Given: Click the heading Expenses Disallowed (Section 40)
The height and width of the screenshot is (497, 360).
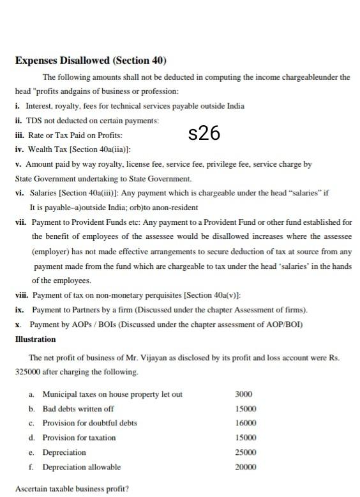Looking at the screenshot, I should [x=90, y=61].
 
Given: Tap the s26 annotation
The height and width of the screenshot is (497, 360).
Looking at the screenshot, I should [x=204, y=134].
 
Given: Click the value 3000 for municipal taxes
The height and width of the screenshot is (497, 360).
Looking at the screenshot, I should [x=244, y=394].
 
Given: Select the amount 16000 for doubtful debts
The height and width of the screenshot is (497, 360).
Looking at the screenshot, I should [x=246, y=423].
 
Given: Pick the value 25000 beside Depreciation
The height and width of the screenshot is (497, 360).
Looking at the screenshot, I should [x=246, y=452].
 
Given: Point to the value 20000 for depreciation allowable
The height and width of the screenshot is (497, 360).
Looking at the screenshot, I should [x=246, y=467].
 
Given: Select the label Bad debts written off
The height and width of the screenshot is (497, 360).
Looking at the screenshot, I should [x=78, y=409].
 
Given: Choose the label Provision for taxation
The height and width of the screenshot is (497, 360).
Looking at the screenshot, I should [x=79, y=438].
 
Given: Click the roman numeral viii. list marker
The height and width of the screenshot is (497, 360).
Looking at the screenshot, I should [x=21, y=295].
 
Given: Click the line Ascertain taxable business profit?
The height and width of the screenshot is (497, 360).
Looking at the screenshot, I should [x=71, y=489].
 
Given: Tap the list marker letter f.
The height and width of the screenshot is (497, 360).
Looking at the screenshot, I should [x=31, y=467].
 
